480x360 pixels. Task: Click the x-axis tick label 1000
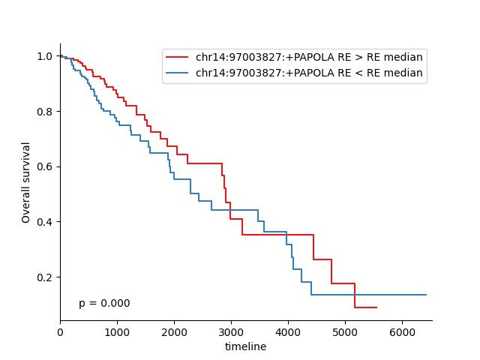tap(117, 332)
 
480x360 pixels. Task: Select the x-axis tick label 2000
tap(174, 332)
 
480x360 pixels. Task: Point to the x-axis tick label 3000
tap(231, 332)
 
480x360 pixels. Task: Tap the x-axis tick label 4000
tap(288, 332)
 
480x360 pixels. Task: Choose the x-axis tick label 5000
tap(345, 332)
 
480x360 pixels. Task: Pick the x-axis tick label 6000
tap(402, 332)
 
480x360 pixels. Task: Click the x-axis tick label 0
tap(60, 332)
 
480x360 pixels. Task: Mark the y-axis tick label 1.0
tap(45, 56)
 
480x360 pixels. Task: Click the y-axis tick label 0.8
tap(45, 112)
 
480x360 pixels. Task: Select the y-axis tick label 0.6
tap(45, 166)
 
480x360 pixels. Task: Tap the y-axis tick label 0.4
tap(45, 222)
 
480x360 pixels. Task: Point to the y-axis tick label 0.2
tap(45, 277)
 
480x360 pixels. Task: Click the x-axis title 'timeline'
tap(245, 346)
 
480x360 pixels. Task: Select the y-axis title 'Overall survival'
tap(25, 183)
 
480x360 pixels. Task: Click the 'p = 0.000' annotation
tap(104, 303)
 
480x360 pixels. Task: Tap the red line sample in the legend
tap(177, 57)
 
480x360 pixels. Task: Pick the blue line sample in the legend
tap(177, 73)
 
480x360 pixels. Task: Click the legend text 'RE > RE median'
tap(387, 57)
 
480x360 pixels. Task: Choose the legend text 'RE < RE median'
tap(387, 73)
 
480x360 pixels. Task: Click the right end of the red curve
tap(376, 307)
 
